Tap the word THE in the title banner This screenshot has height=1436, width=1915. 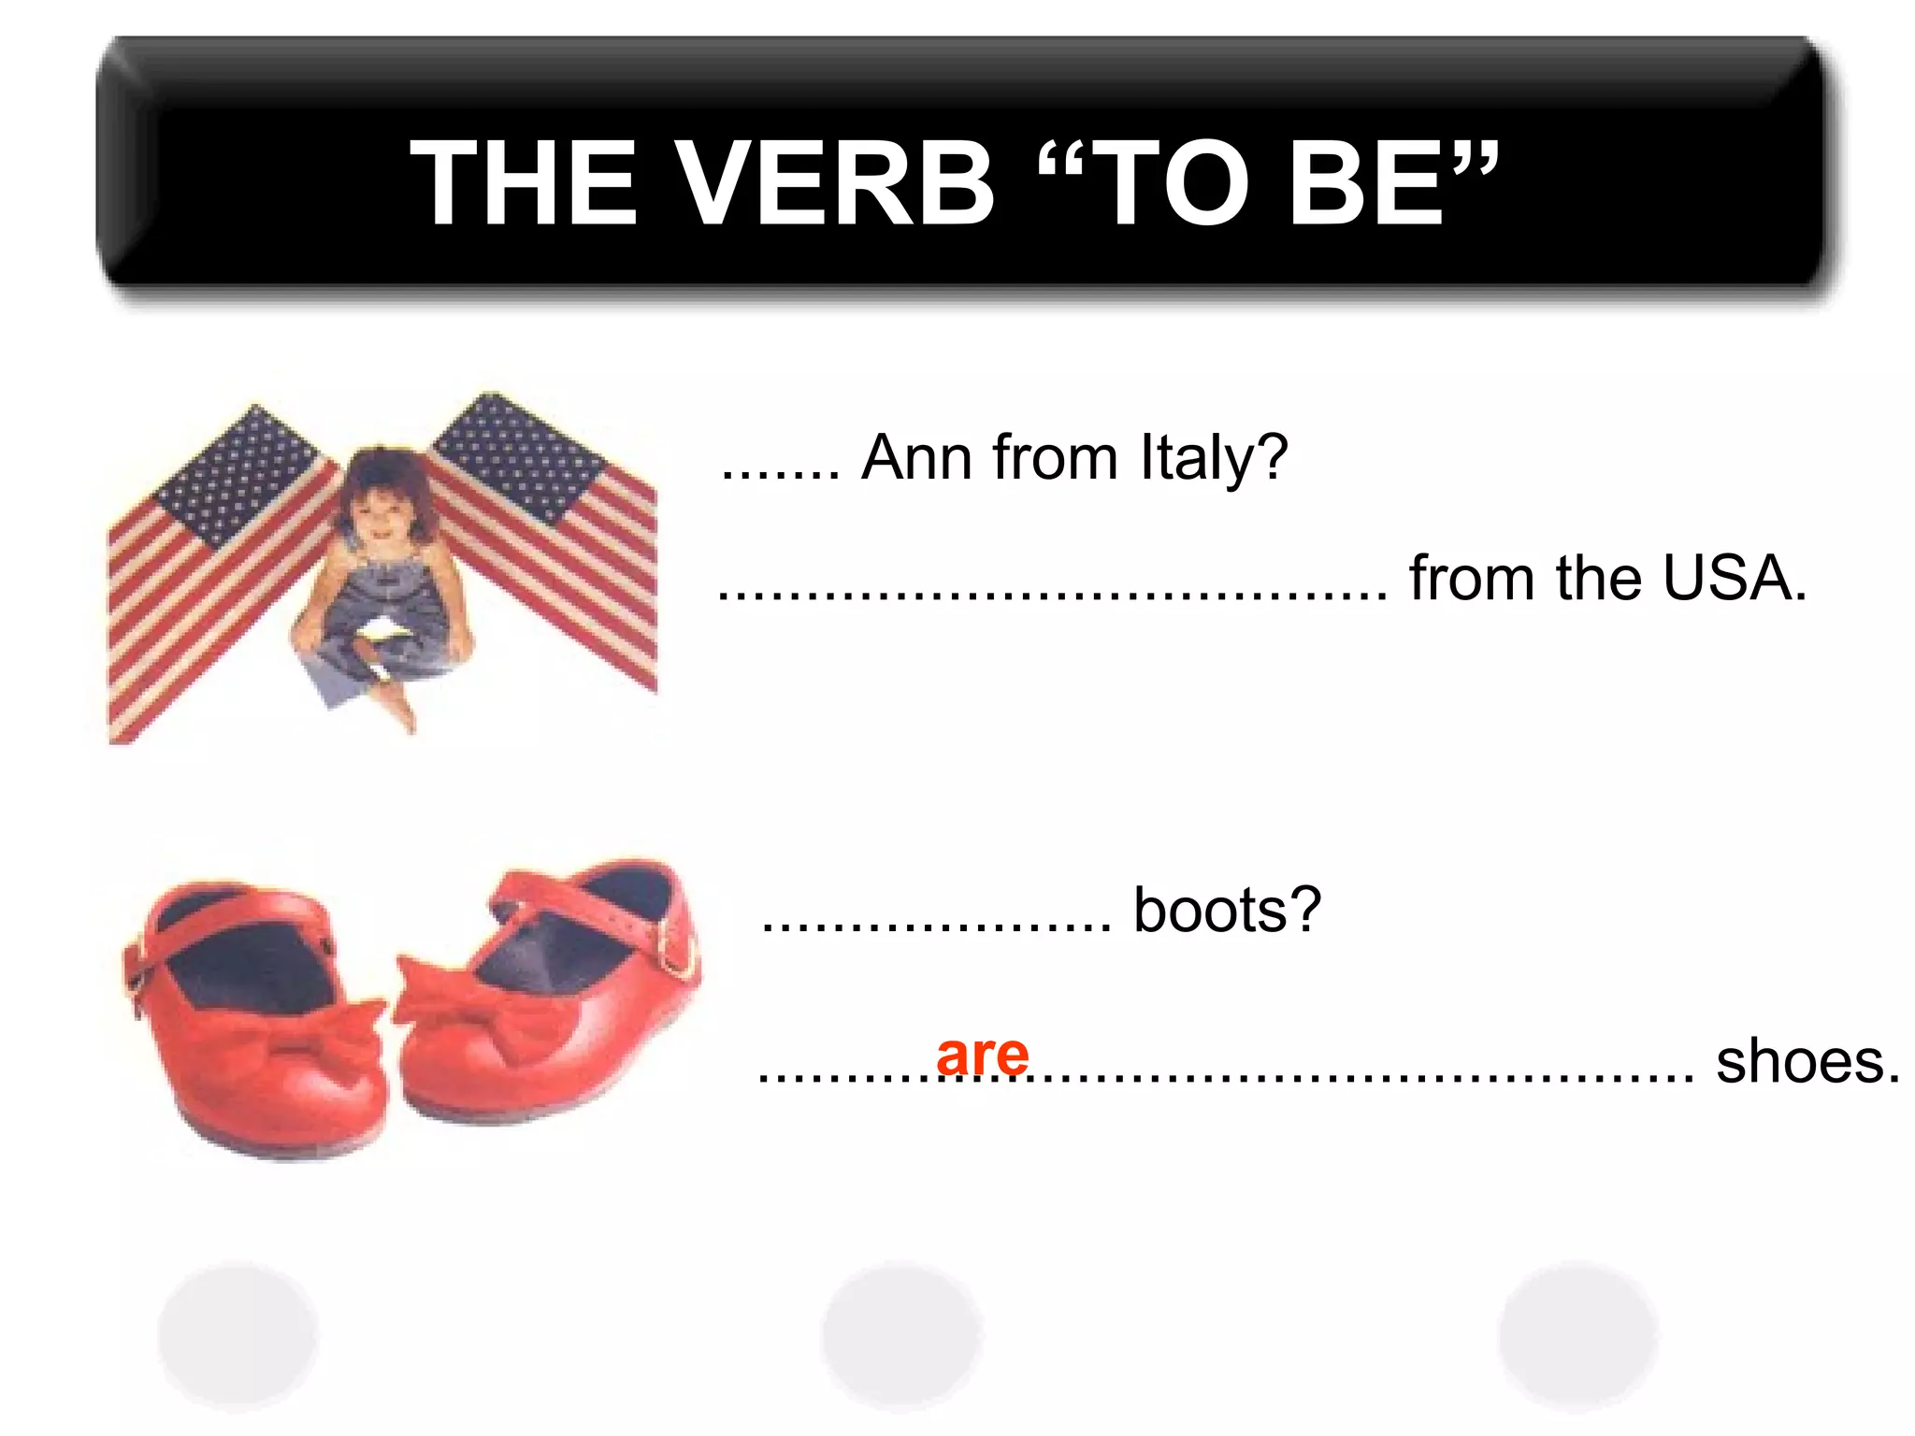pos(524,183)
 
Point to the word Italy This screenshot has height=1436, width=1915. pos(1214,458)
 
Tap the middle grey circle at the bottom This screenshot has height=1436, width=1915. pos(901,1335)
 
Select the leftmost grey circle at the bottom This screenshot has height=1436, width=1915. pos(238,1335)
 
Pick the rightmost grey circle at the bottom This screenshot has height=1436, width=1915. pos(1578,1335)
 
